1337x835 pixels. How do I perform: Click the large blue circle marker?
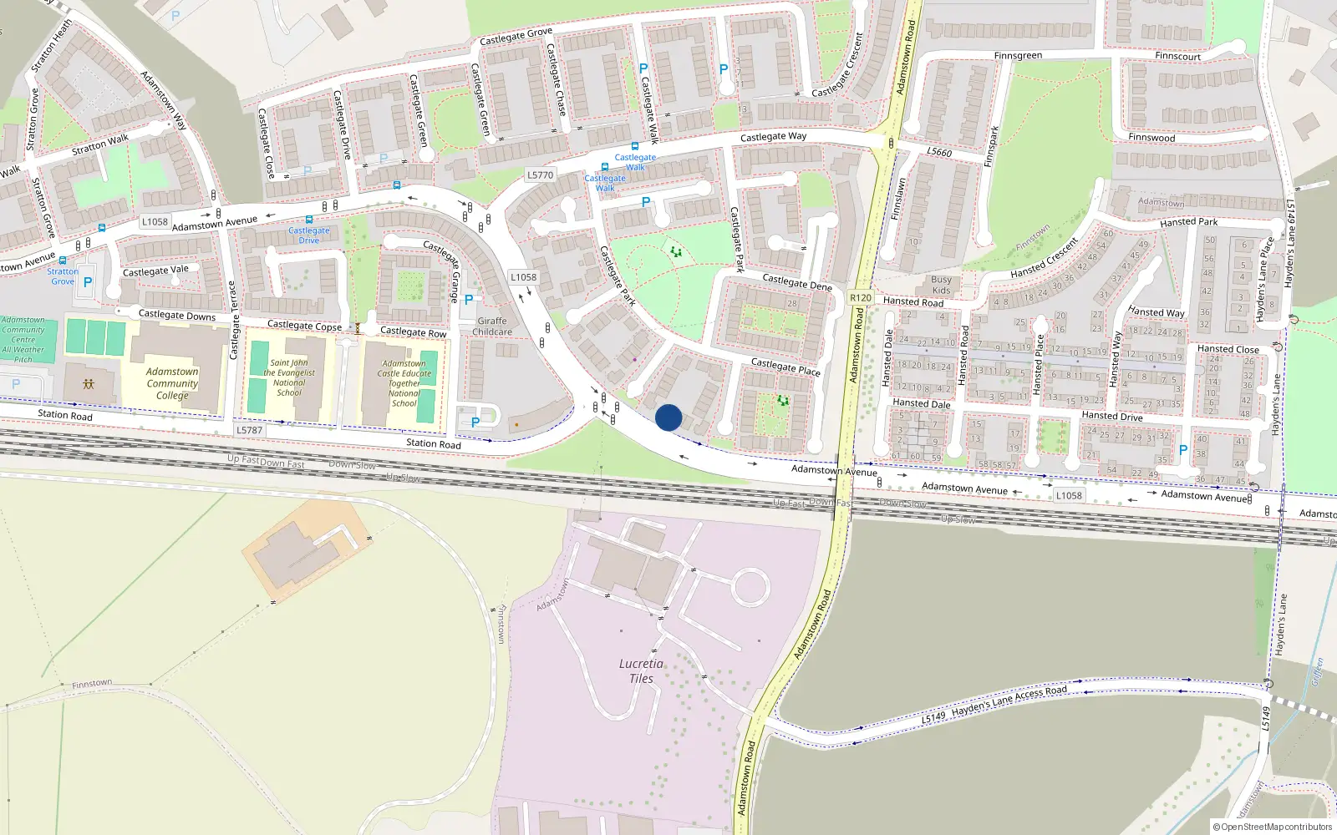pyautogui.click(x=668, y=417)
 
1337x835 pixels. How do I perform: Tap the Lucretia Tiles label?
pyautogui.click(x=641, y=671)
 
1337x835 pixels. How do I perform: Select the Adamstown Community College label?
pyautogui.click(x=172, y=383)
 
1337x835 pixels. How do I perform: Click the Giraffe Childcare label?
pyautogui.click(x=492, y=326)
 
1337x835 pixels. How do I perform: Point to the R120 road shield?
pyautogui.click(x=860, y=297)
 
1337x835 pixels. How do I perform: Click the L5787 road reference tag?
pyautogui.click(x=249, y=430)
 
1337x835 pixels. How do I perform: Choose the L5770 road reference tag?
pyautogui.click(x=540, y=175)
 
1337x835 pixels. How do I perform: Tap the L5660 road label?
pyautogui.click(x=939, y=152)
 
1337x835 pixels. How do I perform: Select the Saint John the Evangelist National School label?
pyautogui.click(x=289, y=377)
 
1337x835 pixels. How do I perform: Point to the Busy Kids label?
pyautogui.click(x=941, y=285)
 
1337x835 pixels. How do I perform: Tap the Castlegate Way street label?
pyautogui.click(x=773, y=136)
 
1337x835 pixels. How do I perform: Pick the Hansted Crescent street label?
pyautogui.click(x=1044, y=259)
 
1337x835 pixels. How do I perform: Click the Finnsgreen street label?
pyautogui.click(x=1018, y=56)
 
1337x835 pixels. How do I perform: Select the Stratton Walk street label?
pyautogui.click(x=100, y=144)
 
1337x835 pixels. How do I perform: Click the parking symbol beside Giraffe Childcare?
pyautogui.click(x=469, y=300)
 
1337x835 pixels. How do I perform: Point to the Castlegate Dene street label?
pyautogui.click(x=796, y=282)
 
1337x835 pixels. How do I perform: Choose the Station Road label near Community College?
pyautogui.click(x=65, y=415)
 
